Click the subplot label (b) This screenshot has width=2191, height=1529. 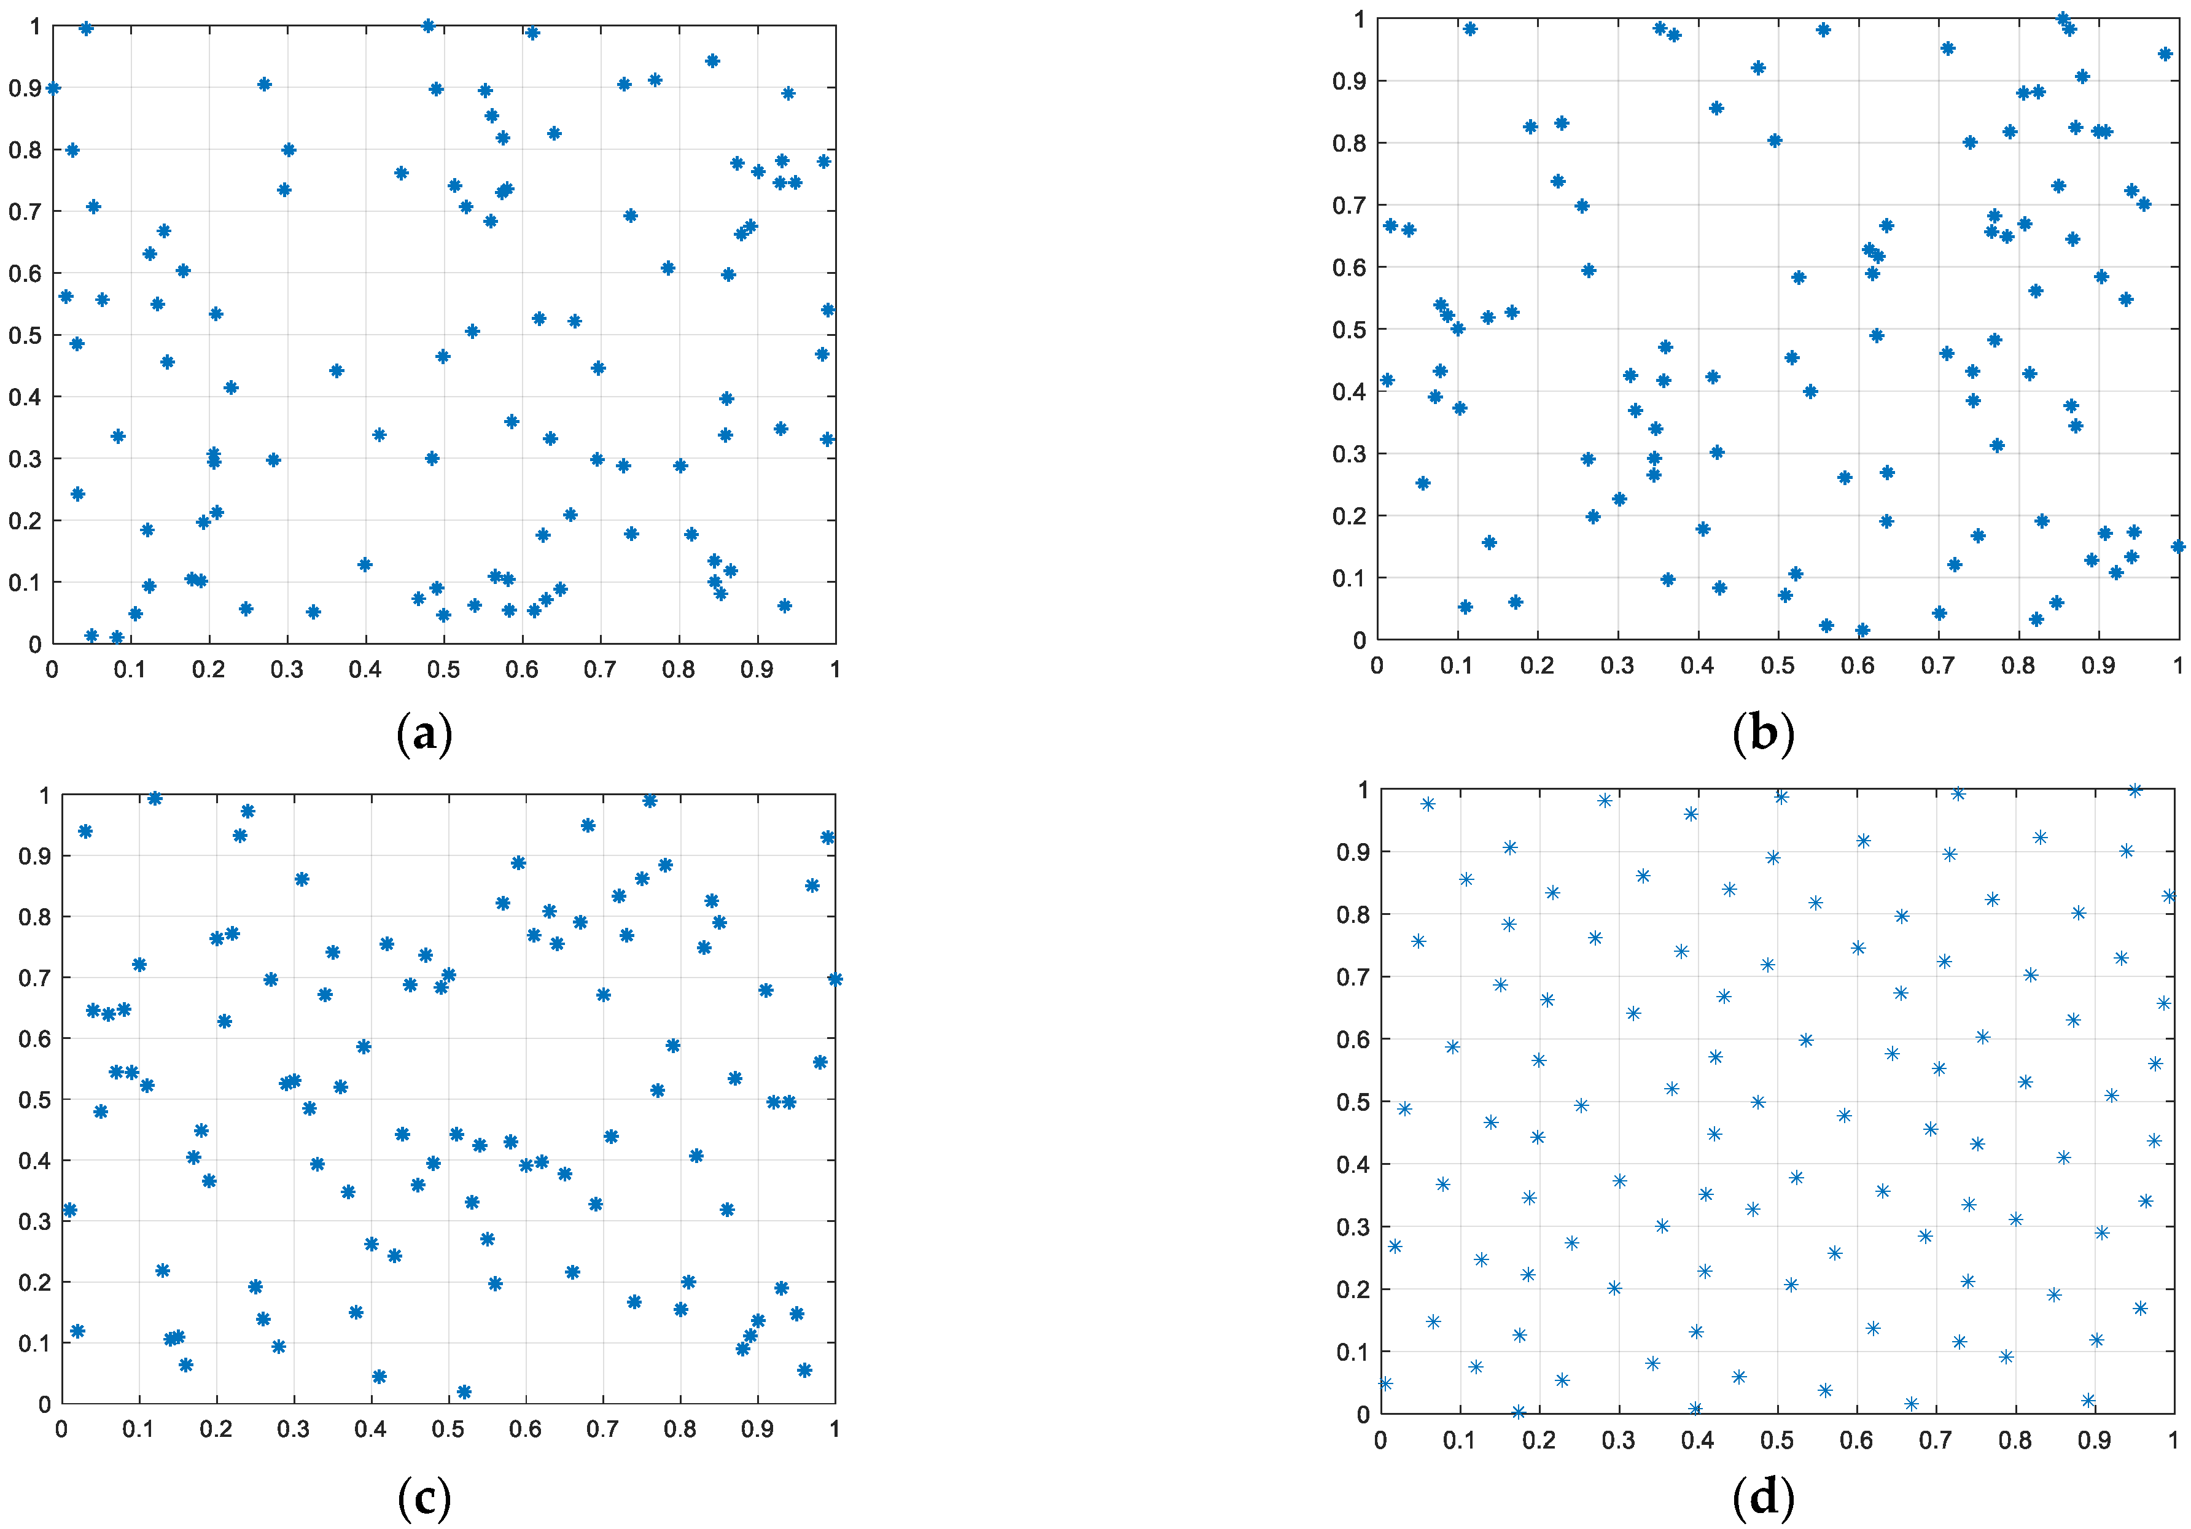click(1762, 733)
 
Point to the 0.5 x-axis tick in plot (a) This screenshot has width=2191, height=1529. click(444, 670)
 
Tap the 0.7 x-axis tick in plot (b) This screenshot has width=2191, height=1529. click(1938, 665)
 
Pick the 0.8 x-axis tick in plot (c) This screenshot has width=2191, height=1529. click(680, 1429)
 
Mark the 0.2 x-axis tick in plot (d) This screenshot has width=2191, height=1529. click(1538, 1439)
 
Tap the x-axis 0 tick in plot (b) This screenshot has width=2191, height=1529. click(1377, 665)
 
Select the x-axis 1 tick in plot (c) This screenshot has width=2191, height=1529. click(835, 1429)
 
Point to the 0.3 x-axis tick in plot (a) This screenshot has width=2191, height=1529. click(287, 670)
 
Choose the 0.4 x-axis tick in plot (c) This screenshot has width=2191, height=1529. click(372, 1429)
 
